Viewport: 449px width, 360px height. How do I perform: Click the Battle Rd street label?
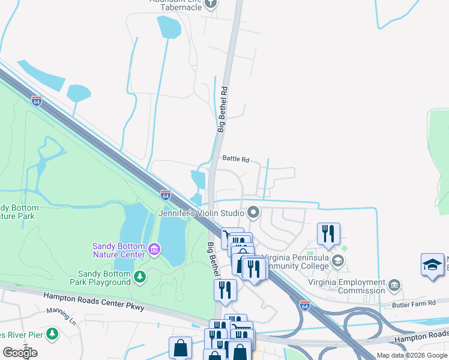(x=235, y=159)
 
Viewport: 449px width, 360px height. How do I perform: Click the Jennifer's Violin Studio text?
(x=200, y=213)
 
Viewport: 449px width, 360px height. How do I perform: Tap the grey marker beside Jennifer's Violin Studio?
(x=253, y=212)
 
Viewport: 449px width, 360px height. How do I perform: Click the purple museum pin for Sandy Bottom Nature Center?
(x=154, y=249)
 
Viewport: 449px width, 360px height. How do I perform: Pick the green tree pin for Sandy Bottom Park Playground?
(x=140, y=277)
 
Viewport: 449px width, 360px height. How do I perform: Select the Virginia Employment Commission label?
(x=346, y=287)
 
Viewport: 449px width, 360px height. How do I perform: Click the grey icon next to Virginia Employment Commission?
(x=394, y=284)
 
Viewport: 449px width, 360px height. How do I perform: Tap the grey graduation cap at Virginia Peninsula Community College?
(x=338, y=260)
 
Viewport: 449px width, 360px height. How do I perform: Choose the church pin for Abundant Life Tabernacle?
(x=210, y=4)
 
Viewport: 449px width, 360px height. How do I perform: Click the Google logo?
(x=20, y=352)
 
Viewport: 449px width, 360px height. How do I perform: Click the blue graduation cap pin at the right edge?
(x=432, y=265)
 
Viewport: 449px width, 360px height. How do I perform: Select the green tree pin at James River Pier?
(x=52, y=333)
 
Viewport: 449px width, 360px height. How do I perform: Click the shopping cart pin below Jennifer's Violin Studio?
(x=231, y=236)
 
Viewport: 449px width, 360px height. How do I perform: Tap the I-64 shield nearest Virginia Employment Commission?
(x=304, y=304)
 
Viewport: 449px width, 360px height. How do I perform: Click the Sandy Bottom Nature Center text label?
(x=118, y=250)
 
